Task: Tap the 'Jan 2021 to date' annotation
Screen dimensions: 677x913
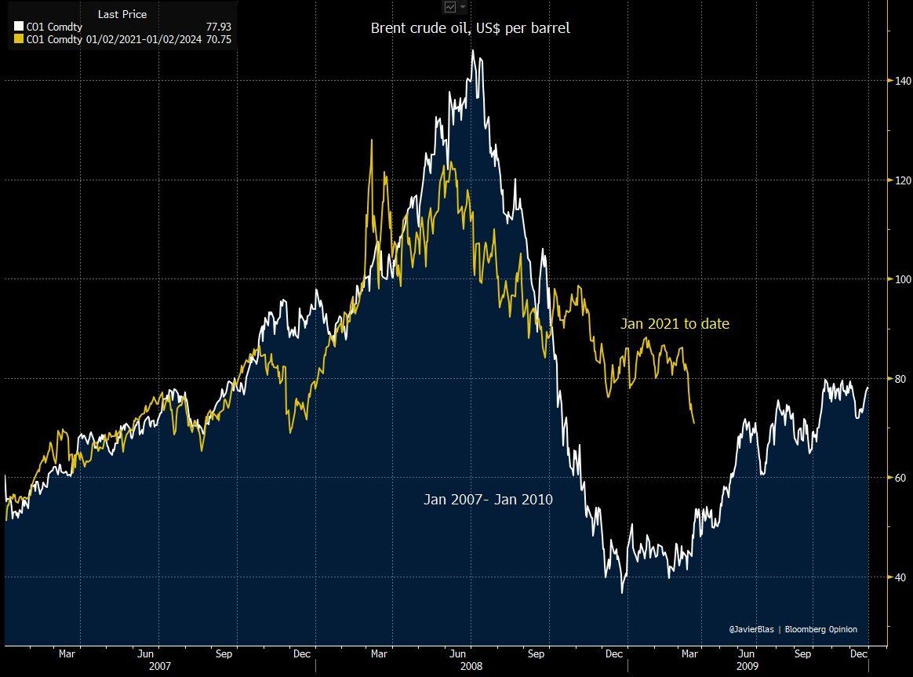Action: pyautogui.click(x=675, y=323)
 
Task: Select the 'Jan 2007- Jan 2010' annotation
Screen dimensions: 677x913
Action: pyautogui.click(x=488, y=498)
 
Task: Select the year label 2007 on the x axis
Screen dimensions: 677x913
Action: pyautogui.click(x=160, y=665)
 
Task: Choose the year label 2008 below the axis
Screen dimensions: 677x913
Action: pyautogui.click(x=472, y=665)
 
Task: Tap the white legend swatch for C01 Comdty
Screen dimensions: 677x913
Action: pyautogui.click(x=19, y=27)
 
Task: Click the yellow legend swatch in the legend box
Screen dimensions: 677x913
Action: pyautogui.click(x=19, y=38)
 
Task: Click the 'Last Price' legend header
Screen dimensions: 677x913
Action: pyautogui.click(x=122, y=14)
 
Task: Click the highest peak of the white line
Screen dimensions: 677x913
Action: pyautogui.click(x=472, y=51)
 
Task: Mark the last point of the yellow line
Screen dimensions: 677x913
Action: pyautogui.click(x=693, y=424)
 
